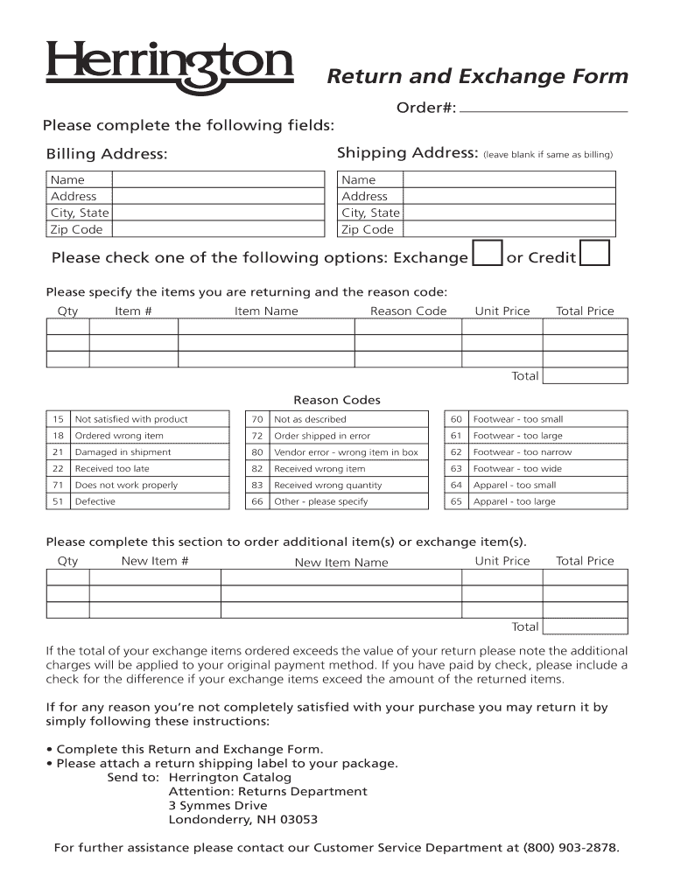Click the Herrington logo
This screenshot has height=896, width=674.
tap(170, 66)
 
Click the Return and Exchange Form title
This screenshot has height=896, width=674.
tap(477, 77)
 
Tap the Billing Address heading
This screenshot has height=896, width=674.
tap(106, 155)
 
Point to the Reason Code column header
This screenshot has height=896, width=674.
tap(408, 311)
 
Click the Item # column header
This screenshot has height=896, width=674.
tap(133, 311)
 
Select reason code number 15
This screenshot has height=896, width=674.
tap(58, 419)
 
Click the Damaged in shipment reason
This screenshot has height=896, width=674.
tap(123, 452)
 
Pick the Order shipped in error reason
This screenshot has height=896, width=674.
tap(322, 436)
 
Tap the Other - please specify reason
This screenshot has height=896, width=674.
tap(321, 501)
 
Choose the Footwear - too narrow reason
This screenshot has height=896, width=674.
tap(523, 452)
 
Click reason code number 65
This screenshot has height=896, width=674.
tap(456, 501)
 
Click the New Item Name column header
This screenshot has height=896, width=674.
tap(341, 563)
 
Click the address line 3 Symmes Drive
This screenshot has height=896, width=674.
tap(218, 806)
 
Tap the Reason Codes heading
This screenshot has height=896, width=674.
tap(337, 400)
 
